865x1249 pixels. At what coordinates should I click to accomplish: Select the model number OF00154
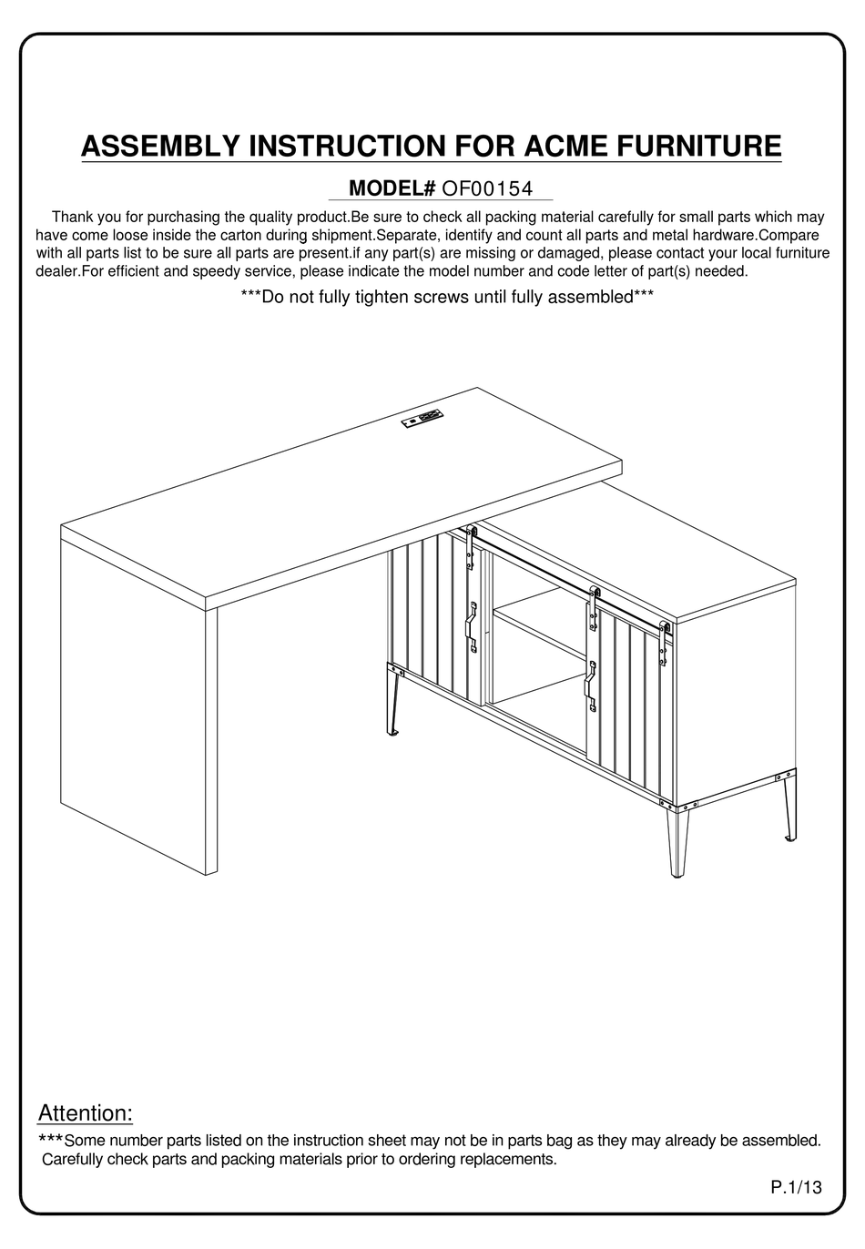(x=486, y=188)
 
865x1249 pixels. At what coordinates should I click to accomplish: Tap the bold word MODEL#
(x=392, y=188)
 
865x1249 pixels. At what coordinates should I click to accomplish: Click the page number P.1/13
(x=796, y=1186)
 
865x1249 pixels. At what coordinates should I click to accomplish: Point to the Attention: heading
(x=85, y=1112)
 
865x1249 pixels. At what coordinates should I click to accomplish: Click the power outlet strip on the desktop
(x=421, y=420)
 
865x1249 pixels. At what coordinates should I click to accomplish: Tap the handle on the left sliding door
(x=472, y=627)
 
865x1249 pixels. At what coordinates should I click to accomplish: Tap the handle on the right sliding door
(x=591, y=685)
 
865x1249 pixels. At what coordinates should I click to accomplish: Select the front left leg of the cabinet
(x=392, y=701)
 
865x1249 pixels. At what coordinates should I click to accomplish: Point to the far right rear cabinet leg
(x=786, y=806)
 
